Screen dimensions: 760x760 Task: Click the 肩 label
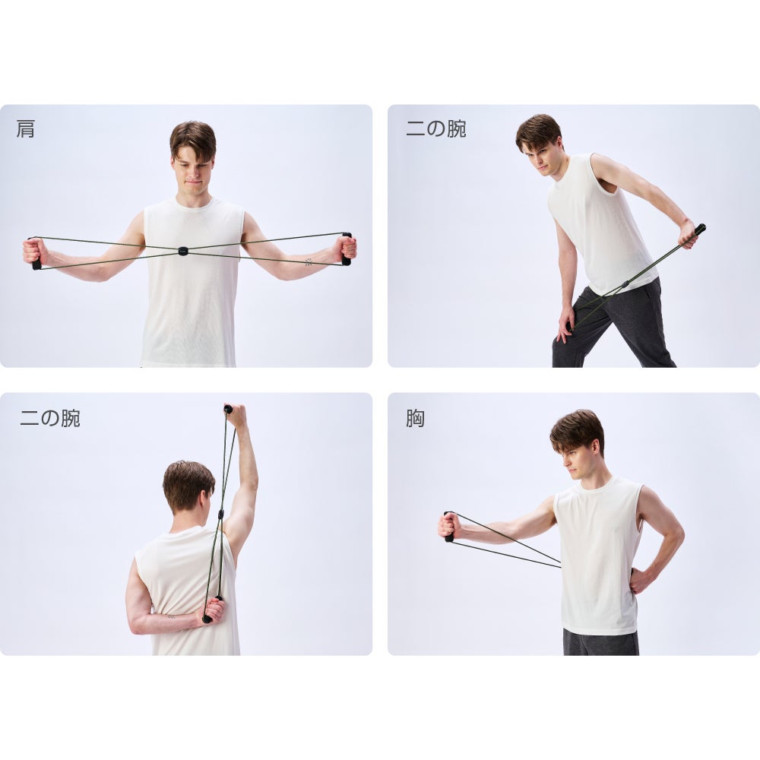pos(25,129)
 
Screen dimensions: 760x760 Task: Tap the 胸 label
pos(416,418)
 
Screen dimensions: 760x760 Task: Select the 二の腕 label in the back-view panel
pos(50,418)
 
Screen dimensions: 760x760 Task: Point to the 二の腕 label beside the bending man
pos(435,129)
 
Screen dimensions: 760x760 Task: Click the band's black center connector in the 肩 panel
pos(182,251)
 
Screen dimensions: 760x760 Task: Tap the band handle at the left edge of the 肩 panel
pos(35,254)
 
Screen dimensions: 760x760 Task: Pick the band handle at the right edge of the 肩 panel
pos(346,249)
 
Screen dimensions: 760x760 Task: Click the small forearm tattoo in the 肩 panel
pos(309,262)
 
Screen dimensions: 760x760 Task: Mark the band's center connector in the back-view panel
pos(220,514)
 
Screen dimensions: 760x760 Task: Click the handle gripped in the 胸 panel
pos(449,527)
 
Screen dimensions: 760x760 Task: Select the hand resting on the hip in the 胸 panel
pos(641,579)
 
